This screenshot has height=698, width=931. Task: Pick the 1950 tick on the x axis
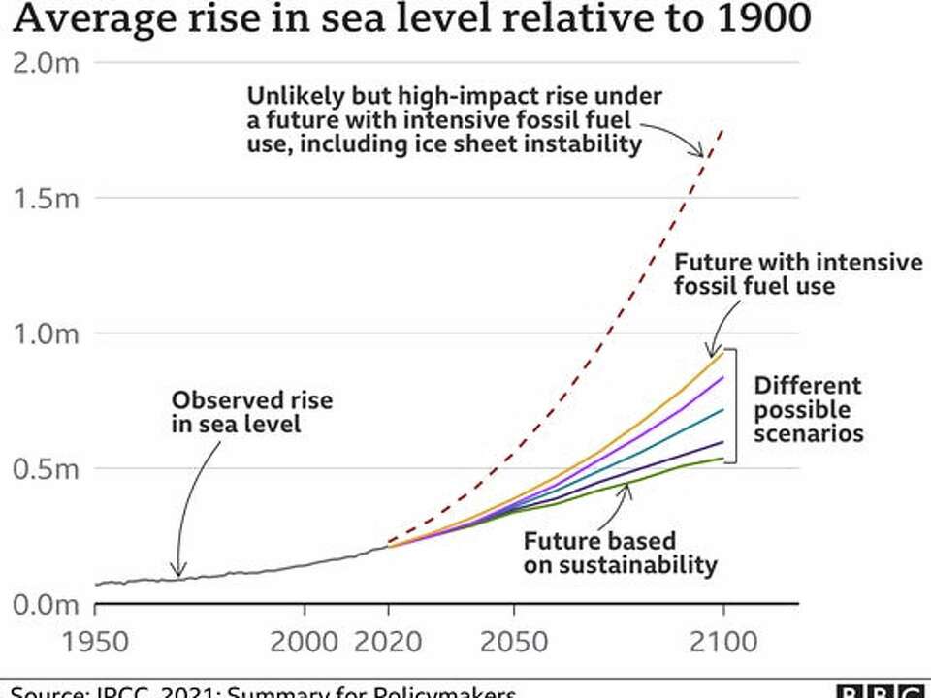[x=95, y=643]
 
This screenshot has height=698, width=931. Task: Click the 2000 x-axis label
[x=305, y=643]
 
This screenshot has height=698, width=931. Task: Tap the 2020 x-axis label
[x=388, y=643]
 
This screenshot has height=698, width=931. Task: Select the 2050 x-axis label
[x=513, y=643]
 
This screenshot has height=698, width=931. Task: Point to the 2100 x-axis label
[x=722, y=643]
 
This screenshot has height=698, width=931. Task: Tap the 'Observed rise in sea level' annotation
[x=251, y=411]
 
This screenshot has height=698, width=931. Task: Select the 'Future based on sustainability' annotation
[x=620, y=553]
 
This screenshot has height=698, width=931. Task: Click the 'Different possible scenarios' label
[x=808, y=409]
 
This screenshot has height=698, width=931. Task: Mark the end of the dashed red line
[x=722, y=128]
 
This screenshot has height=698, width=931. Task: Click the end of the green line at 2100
[x=722, y=458]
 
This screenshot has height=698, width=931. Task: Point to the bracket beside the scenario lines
[x=735, y=403]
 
